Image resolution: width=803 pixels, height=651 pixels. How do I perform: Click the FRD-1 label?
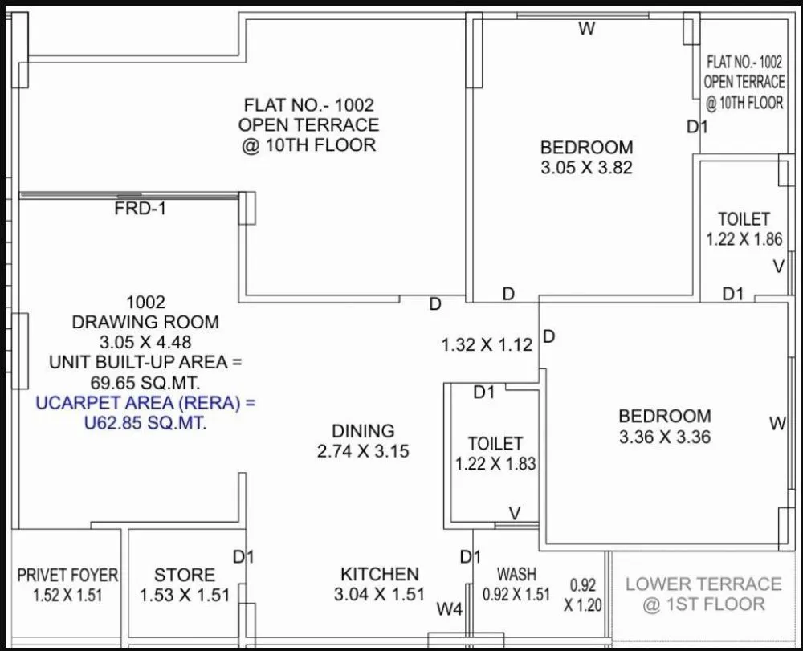pos(141,209)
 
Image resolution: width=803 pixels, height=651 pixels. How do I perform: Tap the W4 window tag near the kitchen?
pos(450,610)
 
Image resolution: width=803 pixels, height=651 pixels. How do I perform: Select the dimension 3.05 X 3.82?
pos(586,168)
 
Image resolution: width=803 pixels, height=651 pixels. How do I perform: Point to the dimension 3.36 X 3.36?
pos(664,437)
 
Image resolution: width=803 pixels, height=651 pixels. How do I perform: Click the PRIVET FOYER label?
pos(67,576)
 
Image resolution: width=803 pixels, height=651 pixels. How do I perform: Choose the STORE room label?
pos(185,575)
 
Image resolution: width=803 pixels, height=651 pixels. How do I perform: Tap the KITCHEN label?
pos(380,574)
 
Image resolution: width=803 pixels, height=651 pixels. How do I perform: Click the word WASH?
pos(516,575)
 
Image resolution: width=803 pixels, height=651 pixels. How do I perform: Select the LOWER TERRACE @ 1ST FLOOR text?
pos(703,594)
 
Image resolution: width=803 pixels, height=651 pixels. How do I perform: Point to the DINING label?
pos(363,431)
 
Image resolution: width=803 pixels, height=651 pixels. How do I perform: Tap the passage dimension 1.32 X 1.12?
pos(487,345)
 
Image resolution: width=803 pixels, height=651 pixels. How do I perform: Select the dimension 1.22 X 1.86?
pos(744,239)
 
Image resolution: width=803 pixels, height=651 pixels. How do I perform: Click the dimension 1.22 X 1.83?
pos(495,463)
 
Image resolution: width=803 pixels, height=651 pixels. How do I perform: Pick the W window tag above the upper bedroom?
pos(587,30)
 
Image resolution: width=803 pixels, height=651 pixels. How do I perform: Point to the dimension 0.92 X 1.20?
pos(582,596)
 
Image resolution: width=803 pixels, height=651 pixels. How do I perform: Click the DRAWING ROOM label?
pos(145,322)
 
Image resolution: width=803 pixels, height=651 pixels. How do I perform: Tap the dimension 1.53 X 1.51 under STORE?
pos(185,596)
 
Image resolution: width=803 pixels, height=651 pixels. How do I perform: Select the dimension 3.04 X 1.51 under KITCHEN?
pos(380,595)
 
